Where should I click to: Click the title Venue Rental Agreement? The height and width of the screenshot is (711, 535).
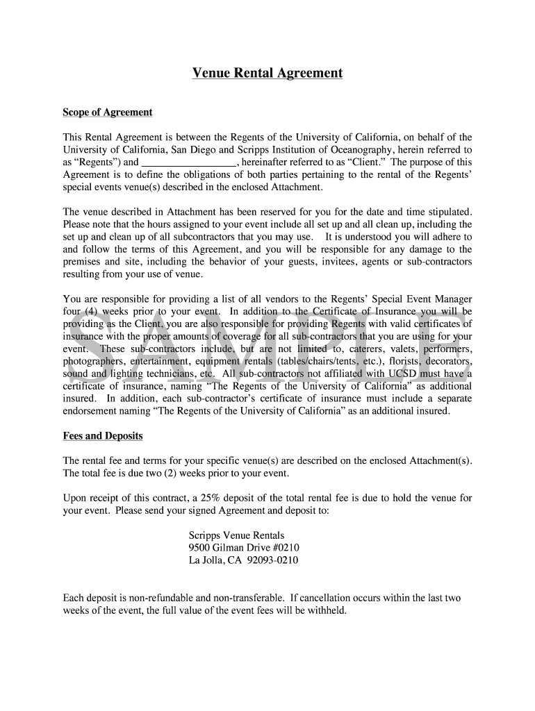point(267,73)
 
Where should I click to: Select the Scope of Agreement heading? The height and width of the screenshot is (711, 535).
point(108,112)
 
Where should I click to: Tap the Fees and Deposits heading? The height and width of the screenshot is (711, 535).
point(103,436)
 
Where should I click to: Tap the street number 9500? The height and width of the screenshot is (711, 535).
point(199,548)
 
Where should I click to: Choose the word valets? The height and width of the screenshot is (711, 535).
point(385,349)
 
